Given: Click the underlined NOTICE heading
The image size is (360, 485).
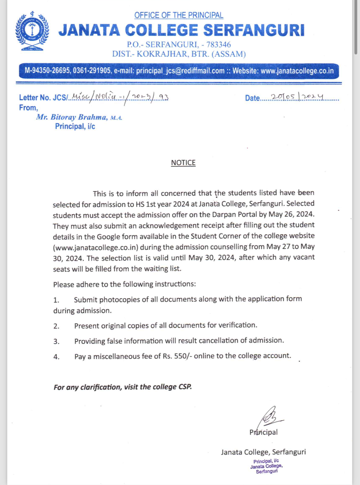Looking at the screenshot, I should click(x=183, y=163).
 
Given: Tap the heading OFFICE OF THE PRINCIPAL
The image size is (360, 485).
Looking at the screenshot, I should click(x=178, y=15).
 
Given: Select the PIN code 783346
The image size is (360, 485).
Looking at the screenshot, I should click(x=218, y=45).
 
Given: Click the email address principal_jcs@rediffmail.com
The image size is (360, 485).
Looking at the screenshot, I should click(x=180, y=71).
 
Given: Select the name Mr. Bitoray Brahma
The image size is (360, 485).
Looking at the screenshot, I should click(x=72, y=117).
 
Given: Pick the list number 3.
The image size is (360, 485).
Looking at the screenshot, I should click(x=56, y=341).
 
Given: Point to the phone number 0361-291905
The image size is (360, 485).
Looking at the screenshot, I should click(x=92, y=71).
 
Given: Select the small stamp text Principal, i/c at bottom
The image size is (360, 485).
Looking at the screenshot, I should click(x=266, y=461).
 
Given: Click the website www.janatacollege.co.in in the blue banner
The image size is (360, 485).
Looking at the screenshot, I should click(x=297, y=71).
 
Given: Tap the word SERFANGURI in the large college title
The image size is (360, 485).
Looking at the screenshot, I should click(x=254, y=30).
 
